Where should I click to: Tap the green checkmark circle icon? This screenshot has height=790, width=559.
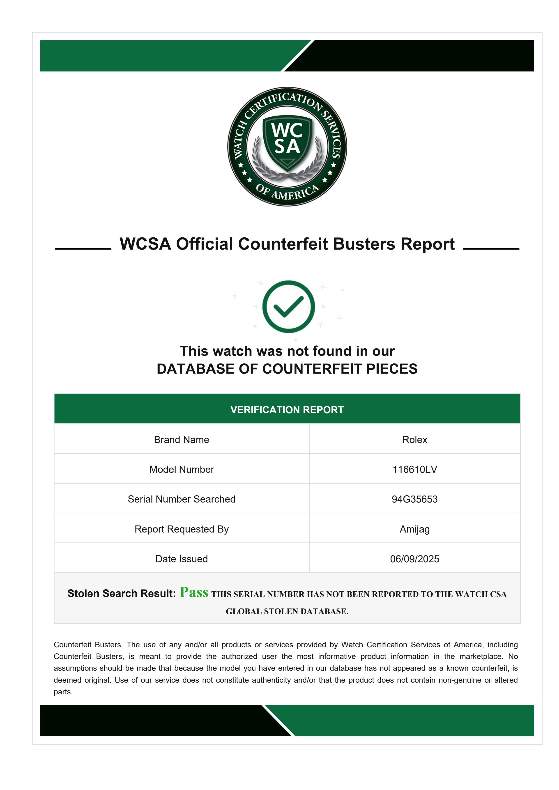(x=288, y=307)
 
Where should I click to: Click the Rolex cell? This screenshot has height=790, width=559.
(x=414, y=440)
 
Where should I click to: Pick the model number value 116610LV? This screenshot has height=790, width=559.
(x=414, y=469)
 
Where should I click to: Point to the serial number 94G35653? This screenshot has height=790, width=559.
(x=414, y=499)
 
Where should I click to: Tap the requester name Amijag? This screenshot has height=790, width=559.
(x=414, y=529)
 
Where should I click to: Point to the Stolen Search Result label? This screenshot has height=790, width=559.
(x=122, y=594)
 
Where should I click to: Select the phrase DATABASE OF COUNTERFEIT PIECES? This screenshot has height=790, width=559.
(x=287, y=369)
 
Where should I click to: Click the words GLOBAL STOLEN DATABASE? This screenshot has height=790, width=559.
(x=287, y=611)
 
